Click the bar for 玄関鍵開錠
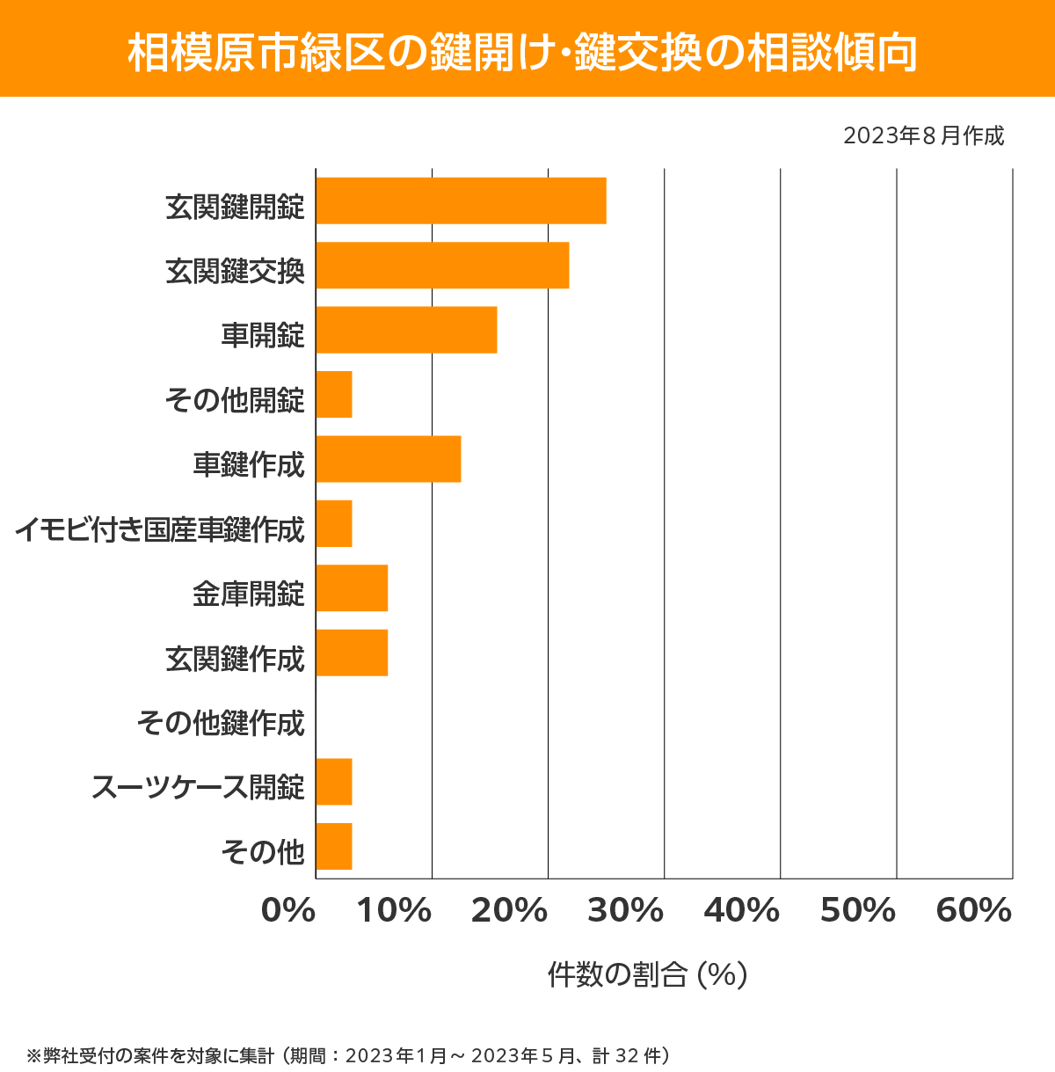[461, 201]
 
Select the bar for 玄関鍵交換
[442, 265]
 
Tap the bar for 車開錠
[406, 330]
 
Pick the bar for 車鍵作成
[388, 459]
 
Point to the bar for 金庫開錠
[352, 588]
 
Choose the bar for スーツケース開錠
[334, 782]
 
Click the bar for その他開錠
[334, 395]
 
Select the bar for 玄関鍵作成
[352, 653]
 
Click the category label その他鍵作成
[221, 723]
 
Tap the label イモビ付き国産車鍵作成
[159, 529]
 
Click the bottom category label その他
[263, 851]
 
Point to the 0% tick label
[288, 911]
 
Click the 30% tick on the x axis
[625, 911]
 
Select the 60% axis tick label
[973, 911]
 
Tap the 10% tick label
[394, 911]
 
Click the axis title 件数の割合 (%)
[647, 974]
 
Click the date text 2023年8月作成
[923, 136]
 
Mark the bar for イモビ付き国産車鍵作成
[334, 523]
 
